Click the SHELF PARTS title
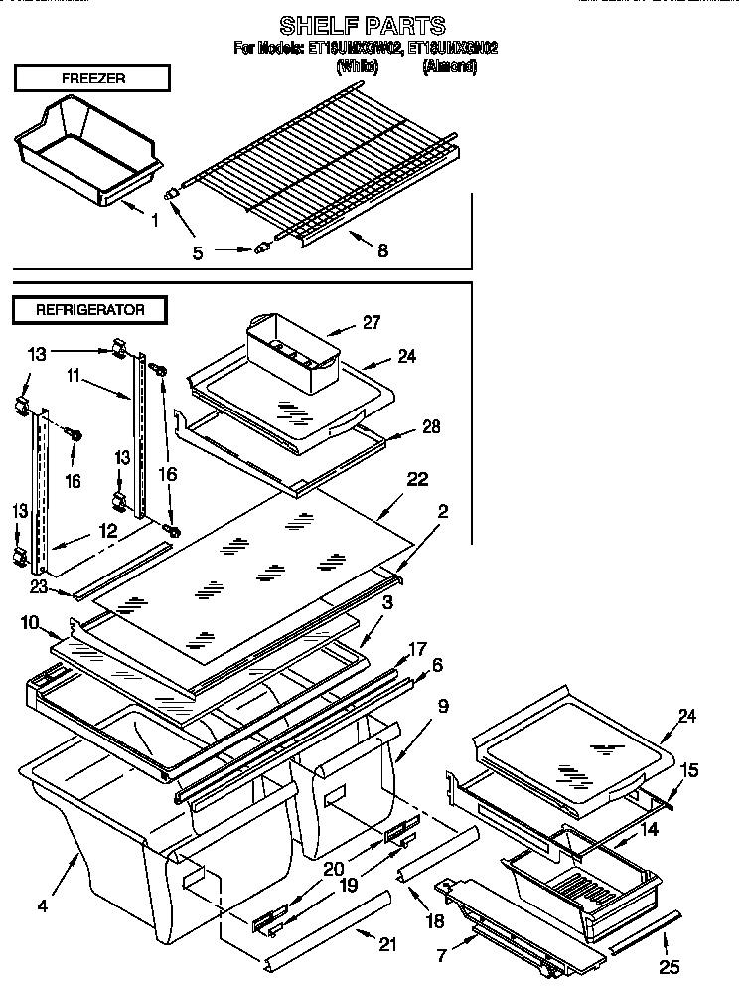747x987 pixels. (x=362, y=26)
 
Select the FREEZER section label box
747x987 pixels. (x=91, y=78)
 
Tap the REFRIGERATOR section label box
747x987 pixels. (x=90, y=309)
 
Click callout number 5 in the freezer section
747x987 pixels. (x=198, y=252)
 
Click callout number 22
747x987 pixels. (x=417, y=479)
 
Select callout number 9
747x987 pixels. (x=442, y=706)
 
